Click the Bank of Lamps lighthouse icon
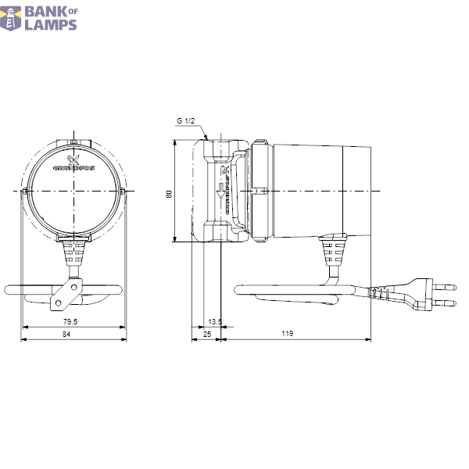(x=11, y=17)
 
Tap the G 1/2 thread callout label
(x=185, y=121)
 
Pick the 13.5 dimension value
(x=215, y=321)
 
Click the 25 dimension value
(x=206, y=335)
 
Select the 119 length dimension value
(x=287, y=335)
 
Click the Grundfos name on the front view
(x=73, y=166)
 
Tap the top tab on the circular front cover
(x=73, y=143)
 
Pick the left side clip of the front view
(x=26, y=192)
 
